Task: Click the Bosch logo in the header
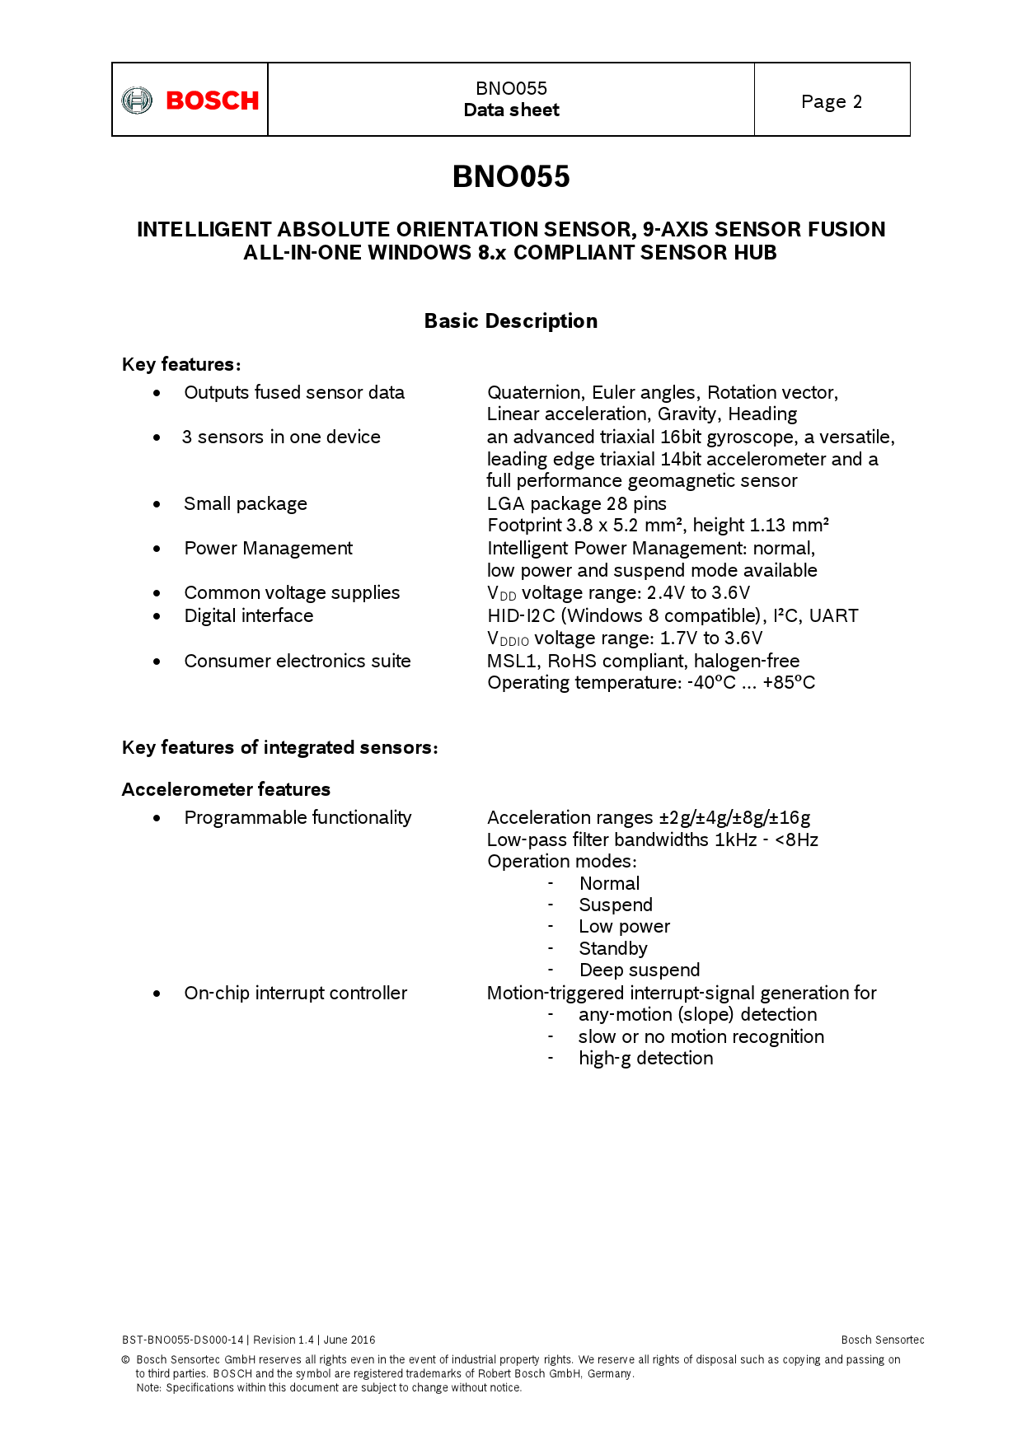pos(190,101)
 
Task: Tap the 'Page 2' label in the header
pos(832,101)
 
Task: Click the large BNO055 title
pos(511,176)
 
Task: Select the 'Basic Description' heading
pos(511,321)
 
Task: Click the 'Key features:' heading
pos(181,364)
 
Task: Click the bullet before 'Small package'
pos(157,504)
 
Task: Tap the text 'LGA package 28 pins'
pos(577,503)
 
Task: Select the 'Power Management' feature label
pos(269,548)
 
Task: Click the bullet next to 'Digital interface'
pos(157,616)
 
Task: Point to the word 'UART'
pos(833,615)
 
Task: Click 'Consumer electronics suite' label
pos(298,661)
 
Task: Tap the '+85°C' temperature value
pos(789,682)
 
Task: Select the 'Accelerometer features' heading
pos(226,789)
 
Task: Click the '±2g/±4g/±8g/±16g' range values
pos(734,817)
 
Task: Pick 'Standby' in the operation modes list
pos(613,948)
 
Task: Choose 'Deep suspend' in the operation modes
pos(640,970)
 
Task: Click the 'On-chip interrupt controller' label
pos(296,993)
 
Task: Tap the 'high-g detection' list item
pos(646,1058)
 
